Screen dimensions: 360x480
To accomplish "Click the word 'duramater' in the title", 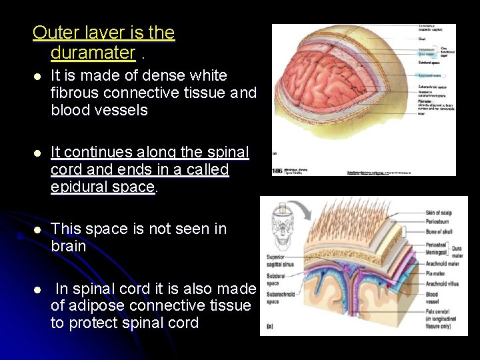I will pyautogui.click(x=93, y=52).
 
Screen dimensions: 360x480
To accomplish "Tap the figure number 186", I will pyautogui.click(x=278, y=171).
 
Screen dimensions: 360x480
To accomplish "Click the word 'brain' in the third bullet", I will pyautogui.click(x=69, y=246).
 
